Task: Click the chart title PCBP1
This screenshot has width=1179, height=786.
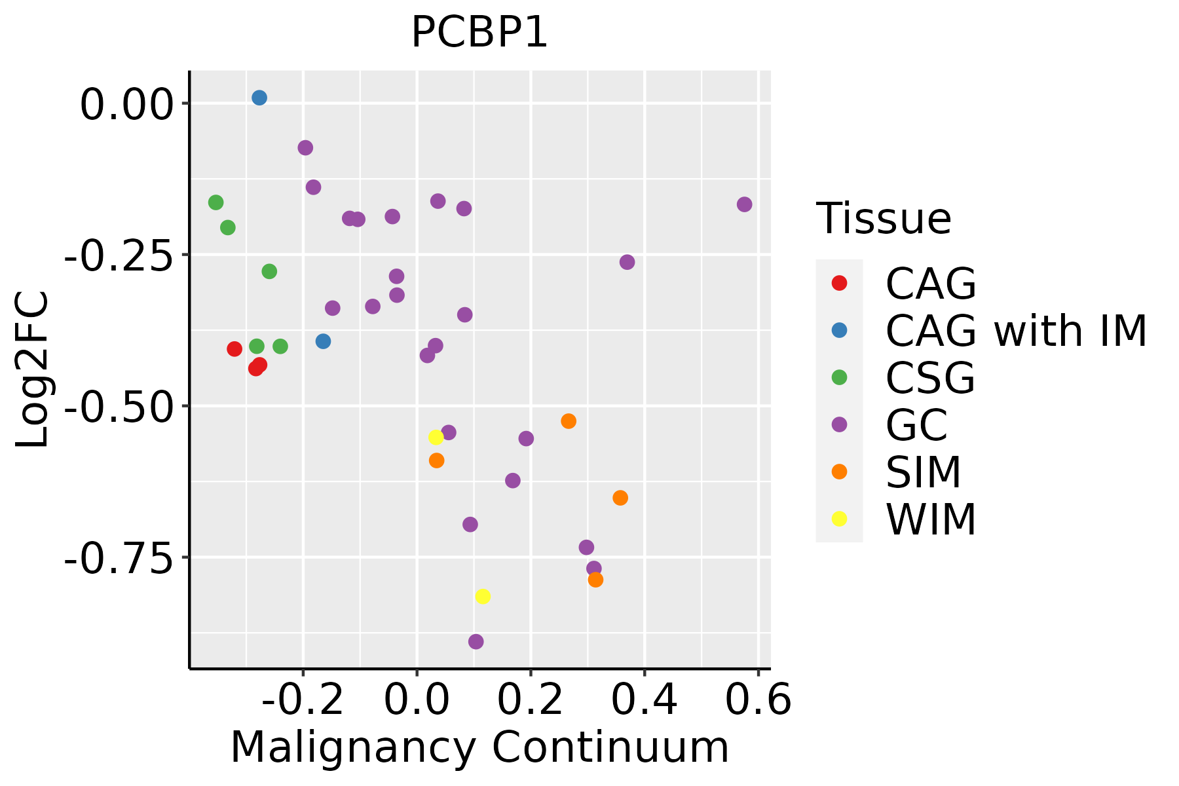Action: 479,33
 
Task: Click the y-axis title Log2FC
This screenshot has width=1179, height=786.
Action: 33,370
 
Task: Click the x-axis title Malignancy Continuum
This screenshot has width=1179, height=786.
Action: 479,747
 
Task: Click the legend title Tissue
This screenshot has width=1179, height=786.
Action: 884,219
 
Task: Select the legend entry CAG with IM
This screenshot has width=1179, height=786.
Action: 1016,331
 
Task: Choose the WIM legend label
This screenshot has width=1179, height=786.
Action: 931,520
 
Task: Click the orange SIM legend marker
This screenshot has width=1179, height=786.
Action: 839,472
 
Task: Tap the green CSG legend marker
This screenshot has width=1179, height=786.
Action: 839,377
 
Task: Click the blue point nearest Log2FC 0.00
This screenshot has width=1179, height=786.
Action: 259,98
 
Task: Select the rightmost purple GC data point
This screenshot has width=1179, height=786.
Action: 744,204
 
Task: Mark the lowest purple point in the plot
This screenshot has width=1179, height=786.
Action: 476,641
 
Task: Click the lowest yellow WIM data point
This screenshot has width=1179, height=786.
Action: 483,596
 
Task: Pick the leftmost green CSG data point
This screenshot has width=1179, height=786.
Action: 215,202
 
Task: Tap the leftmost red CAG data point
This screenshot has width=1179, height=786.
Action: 234,349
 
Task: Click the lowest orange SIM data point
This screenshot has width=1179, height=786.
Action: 595,580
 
